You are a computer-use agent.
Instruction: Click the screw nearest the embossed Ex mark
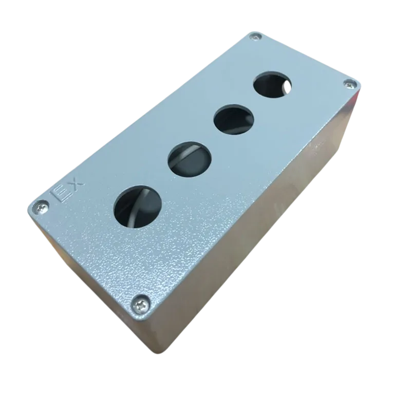42,207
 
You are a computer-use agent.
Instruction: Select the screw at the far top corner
255,36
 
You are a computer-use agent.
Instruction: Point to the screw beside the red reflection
350,85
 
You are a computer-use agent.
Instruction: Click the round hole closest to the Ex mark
138,207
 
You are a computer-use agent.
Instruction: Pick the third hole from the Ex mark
234,120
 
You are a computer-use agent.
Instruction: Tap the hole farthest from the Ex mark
272,84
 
